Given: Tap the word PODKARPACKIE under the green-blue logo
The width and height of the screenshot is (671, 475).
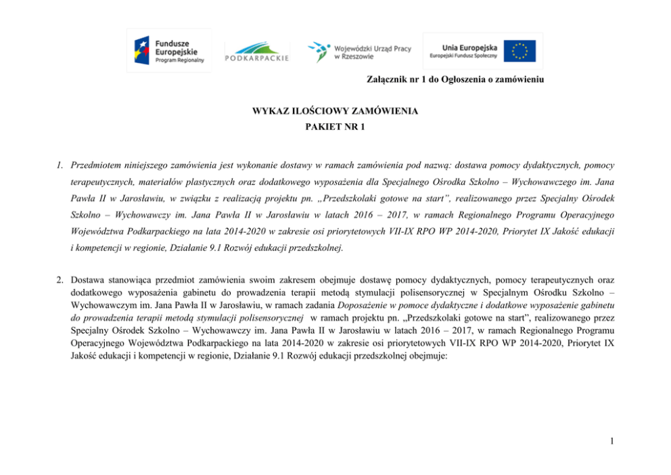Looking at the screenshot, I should point(257,58).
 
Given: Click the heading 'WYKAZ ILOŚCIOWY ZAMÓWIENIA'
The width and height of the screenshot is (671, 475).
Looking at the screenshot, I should point(335,111).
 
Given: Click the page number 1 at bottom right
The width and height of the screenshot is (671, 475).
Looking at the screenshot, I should point(611,442).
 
